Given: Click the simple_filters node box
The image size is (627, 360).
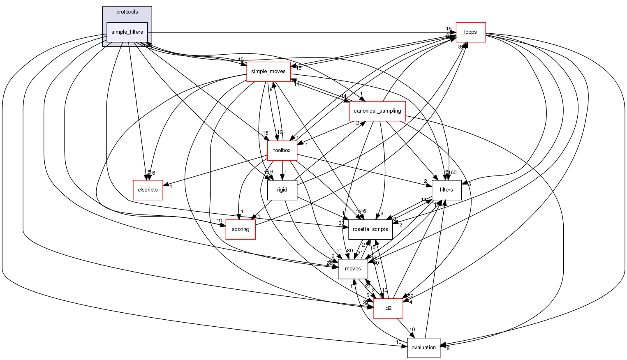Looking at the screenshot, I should [127, 32].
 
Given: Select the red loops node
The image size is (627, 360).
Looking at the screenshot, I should [470, 32].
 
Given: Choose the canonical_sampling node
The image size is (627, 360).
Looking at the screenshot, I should [377, 111].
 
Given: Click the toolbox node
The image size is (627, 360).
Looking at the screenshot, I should [282, 150].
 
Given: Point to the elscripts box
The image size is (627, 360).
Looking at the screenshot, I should [148, 190].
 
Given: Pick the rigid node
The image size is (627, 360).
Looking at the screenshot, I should [282, 190].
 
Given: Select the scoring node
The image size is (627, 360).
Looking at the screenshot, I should [241, 229].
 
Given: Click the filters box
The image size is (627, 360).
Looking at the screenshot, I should [446, 190].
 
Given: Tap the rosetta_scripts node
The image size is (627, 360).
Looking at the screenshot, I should [370, 229].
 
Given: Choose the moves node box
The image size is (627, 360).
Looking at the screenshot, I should [353, 269].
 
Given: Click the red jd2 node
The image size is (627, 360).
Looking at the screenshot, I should [388, 308].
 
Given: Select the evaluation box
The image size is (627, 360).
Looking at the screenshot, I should [423, 348].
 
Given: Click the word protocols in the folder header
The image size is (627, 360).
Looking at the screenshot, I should [127, 12].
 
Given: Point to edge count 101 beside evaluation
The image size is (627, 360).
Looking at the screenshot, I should [400, 342].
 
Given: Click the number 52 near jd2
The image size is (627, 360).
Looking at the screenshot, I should [410, 296].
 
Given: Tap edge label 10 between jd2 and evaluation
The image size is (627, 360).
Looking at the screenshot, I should [412, 330].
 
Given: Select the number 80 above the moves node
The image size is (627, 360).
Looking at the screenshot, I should [350, 251].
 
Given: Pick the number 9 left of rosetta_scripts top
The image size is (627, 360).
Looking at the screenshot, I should [382, 214].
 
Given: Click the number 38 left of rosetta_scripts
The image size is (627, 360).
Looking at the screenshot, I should [341, 223].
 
